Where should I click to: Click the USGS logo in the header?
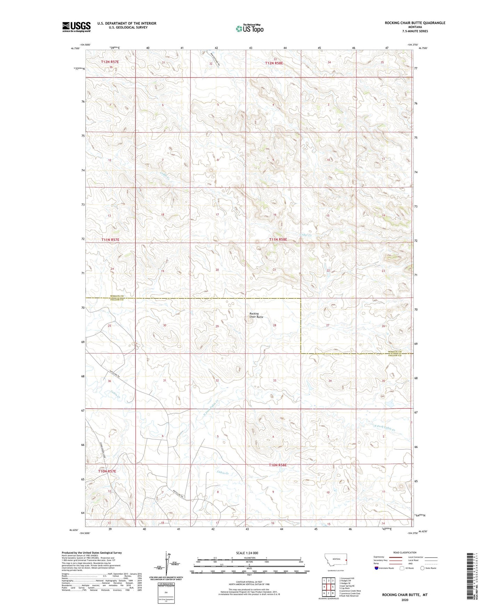click(76, 27)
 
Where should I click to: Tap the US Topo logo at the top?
click(249, 29)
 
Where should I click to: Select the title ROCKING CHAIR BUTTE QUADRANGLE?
click(415, 23)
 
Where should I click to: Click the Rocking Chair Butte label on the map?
click(256, 315)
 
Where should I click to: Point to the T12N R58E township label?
click(274, 63)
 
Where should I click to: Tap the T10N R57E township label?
click(107, 471)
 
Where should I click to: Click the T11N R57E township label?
click(110, 240)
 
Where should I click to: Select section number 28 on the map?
click(274, 325)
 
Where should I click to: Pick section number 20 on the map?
click(217, 270)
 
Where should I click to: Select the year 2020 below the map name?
click(405, 600)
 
